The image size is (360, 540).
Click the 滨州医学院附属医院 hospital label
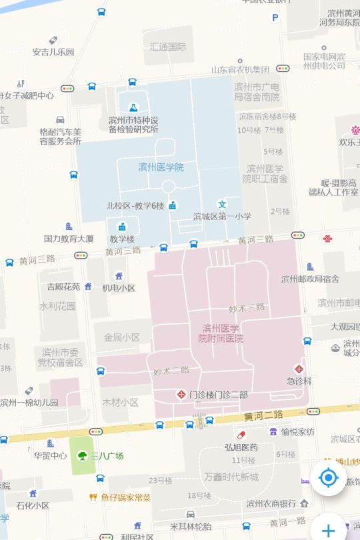point(220,333)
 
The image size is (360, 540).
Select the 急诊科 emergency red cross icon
point(299,369)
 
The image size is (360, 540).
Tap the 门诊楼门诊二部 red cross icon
point(180,395)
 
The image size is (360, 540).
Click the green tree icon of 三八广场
point(82,456)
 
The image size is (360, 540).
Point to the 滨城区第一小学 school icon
point(223,204)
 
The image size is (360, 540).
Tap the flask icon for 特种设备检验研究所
point(133,107)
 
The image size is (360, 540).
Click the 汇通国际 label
point(168,47)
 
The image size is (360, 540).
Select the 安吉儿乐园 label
point(53,51)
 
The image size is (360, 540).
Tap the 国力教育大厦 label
point(69,238)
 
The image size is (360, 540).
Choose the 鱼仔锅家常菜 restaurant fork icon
point(93,497)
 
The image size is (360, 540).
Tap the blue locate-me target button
point(327,478)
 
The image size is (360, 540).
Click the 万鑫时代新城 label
point(231,477)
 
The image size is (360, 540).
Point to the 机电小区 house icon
point(119,276)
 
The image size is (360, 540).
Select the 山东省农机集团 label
point(240,69)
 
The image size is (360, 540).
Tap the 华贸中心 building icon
point(50,443)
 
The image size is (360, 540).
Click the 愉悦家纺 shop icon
point(273,431)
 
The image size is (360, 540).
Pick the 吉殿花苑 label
point(63,287)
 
